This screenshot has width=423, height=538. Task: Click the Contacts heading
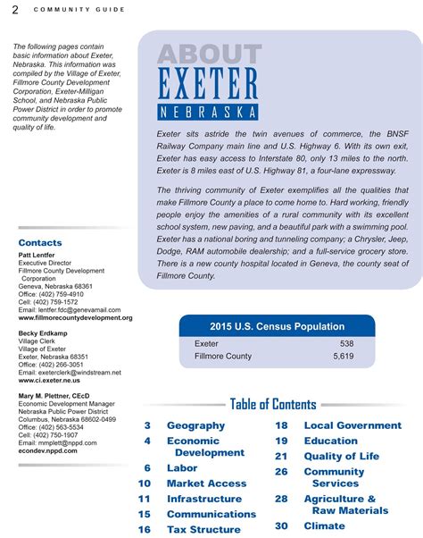pyautogui.click(x=40, y=243)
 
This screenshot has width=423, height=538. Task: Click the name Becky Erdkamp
pyautogui.click(x=43, y=333)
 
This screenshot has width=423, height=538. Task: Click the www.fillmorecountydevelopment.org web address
pyautogui.click(x=75, y=317)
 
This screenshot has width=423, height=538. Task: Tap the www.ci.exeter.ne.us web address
pyautogui.click(x=49, y=380)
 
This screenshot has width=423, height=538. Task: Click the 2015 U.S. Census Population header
pyautogui.click(x=277, y=327)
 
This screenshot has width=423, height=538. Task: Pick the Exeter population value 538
pyautogui.click(x=346, y=344)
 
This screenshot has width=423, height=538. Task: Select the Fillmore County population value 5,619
pyautogui.click(x=343, y=357)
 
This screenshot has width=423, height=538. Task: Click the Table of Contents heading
pyautogui.click(x=273, y=405)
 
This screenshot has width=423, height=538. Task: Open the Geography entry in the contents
pyautogui.click(x=195, y=426)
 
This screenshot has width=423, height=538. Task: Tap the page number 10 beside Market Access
pyautogui.click(x=145, y=483)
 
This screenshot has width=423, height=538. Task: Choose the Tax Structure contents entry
pyautogui.click(x=203, y=529)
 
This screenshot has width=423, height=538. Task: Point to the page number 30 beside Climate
pyautogui.click(x=281, y=526)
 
